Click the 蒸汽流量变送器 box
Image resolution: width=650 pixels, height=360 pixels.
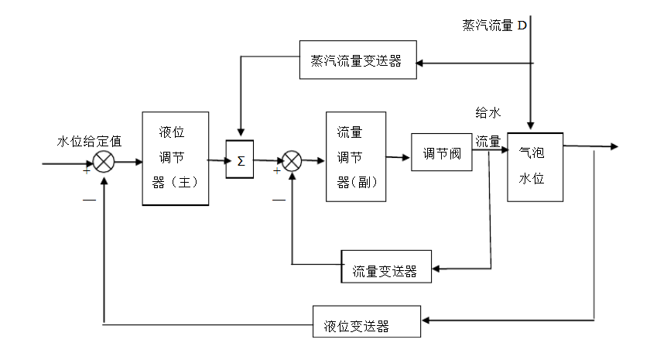(x=357, y=60)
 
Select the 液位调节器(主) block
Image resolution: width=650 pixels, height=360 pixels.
(x=176, y=158)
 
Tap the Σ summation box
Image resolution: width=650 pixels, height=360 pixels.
(x=240, y=160)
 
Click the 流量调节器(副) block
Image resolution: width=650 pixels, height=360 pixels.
(x=355, y=157)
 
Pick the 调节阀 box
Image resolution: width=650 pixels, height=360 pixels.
(x=441, y=153)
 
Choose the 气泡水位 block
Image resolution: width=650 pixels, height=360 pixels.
(x=535, y=166)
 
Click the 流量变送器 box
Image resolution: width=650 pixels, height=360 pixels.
(x=385, y=270)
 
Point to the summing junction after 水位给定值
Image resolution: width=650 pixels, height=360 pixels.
(x=104, y=162)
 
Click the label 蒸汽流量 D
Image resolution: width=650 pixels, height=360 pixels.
(x=494, y=26)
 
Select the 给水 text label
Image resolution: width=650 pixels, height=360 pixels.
(x=487, y=113)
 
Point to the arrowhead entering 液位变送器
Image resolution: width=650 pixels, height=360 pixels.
(x=426, y=320)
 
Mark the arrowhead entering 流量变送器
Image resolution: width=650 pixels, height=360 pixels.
(x=436, y=269)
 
